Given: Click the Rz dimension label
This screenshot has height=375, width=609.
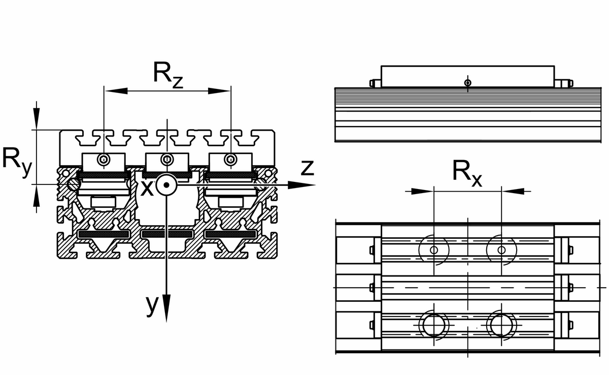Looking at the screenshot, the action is coord(167,75).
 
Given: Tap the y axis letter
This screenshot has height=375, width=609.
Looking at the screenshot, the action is coord(152,304).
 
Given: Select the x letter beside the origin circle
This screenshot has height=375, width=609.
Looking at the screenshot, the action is coord(146,188).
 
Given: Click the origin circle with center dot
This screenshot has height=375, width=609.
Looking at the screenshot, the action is coord(166,185).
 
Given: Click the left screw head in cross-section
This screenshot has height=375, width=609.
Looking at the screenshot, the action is coord(104,160).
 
